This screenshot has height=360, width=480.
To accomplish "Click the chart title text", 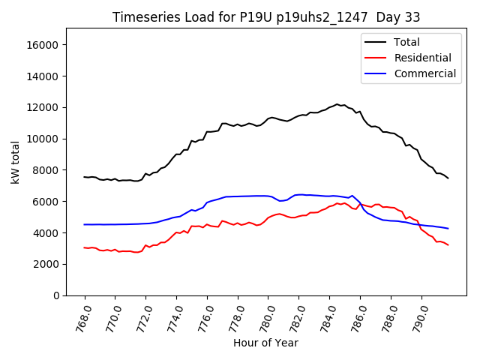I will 266,17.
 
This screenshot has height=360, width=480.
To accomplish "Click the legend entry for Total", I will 407,42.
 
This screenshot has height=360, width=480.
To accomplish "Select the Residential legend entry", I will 422,58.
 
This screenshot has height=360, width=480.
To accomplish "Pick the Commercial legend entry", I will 425,73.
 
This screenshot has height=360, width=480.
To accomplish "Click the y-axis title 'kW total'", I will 16,162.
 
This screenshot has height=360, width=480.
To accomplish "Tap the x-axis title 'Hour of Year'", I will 265,343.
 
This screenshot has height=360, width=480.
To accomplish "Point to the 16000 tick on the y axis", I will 42,45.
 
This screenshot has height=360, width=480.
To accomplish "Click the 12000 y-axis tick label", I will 42,107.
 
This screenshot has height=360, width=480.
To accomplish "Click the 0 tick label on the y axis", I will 55,295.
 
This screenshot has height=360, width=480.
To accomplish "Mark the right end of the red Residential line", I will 448,245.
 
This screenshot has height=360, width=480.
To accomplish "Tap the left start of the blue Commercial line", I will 84,224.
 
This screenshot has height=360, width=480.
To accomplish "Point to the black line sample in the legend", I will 376,42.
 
